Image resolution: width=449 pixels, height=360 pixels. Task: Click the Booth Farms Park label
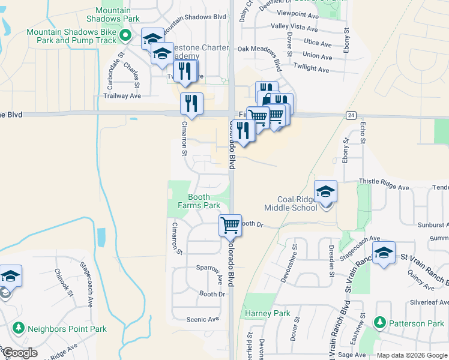pos(199,201)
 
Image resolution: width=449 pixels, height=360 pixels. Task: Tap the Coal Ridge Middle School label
pos(297,203)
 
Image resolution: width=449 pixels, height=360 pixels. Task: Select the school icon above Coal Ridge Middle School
pos(326,191)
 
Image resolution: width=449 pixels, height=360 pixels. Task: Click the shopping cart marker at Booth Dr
pos(231,226)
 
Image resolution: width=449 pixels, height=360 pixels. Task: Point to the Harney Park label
pos(267,313)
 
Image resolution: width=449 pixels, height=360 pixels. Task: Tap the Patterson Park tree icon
pos(379,323)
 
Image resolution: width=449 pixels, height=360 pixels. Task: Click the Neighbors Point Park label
pos(67,329)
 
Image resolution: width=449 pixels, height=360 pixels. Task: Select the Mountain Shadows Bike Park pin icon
pos(125,36)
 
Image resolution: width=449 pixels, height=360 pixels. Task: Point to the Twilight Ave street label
pos(312,68)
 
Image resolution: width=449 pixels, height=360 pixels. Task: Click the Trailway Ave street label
pos(122,95)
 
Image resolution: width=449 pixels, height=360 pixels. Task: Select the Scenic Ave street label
pos(203,319)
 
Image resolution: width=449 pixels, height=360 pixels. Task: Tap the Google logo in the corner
pos(19,353)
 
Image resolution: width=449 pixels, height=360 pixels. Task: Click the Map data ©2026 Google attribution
pos(412,355)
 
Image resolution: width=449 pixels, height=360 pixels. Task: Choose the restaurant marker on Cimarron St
pos(191,104)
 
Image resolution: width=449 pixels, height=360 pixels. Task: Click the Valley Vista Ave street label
pos(294,28)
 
